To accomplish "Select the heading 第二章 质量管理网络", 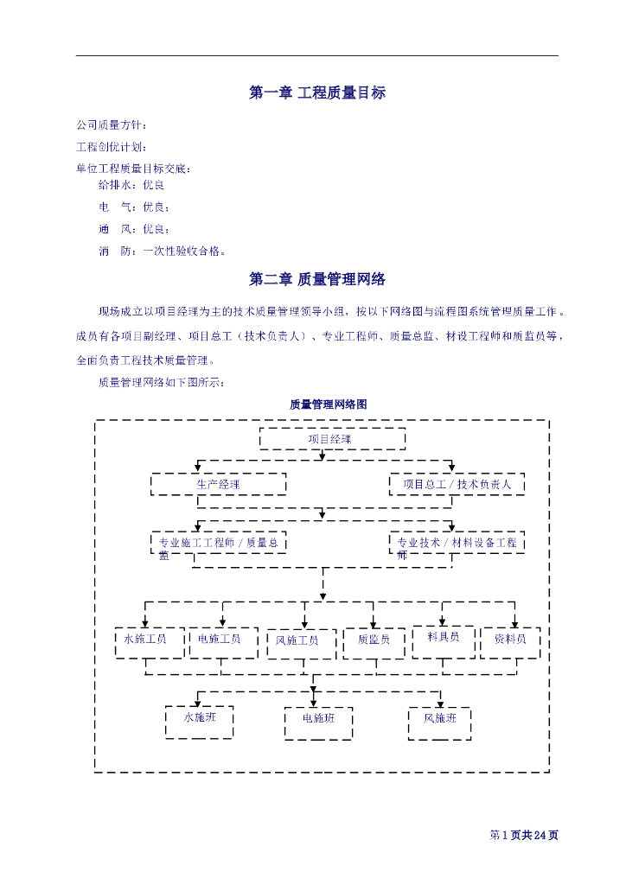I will click(316, 279).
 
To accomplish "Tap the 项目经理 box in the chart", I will click(332, 439).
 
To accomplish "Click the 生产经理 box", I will click(218, 484).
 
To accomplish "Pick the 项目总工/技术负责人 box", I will click(457, 484).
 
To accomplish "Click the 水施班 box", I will click(199, 722).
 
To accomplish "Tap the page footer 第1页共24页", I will click(524, 835).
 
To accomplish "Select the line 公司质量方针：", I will click(112, 125).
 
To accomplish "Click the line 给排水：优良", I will click(131, 185).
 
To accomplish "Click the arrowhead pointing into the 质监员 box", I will click(373, 624).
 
